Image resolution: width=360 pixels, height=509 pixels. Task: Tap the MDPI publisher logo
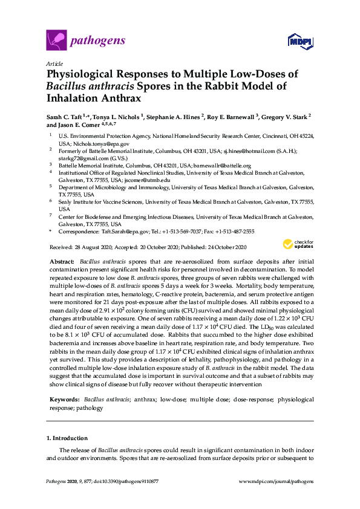301,41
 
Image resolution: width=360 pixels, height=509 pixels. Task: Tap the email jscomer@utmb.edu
147,180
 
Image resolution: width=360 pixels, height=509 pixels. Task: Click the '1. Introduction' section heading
67,438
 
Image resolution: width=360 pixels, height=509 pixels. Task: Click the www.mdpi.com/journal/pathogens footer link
277,482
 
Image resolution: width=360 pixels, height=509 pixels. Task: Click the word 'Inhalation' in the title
77,98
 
